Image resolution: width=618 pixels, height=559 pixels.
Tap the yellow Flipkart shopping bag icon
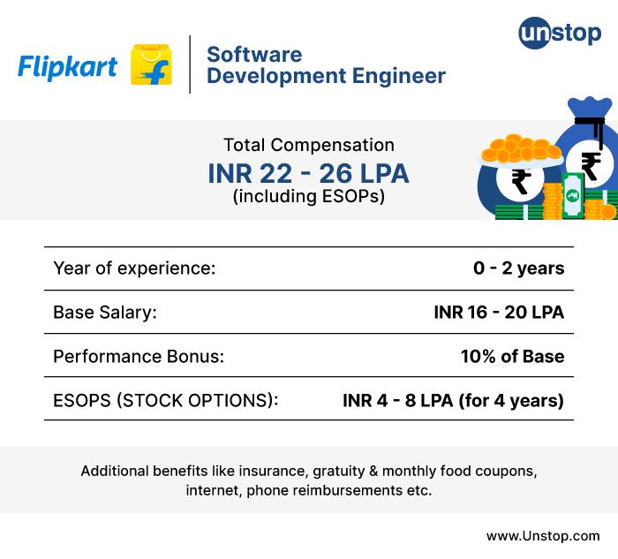[x=151, y=64]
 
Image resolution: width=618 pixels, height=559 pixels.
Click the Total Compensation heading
[x=309, y=145]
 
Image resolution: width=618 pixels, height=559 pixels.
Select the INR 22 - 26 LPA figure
[x=309, y=172]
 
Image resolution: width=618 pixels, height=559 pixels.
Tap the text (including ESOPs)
[x=309, y=197]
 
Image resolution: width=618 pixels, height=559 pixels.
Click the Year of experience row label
[x=134, y=268]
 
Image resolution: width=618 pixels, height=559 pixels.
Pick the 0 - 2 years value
[x=518, y=268]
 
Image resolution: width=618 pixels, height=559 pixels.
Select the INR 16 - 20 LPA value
[x=499, y=313]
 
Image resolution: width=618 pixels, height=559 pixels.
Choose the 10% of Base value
[x=512, y=357]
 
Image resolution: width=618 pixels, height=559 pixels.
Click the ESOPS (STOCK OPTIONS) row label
[x=166, y=401]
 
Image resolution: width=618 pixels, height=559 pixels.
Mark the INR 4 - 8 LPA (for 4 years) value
[x=453, y=401]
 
